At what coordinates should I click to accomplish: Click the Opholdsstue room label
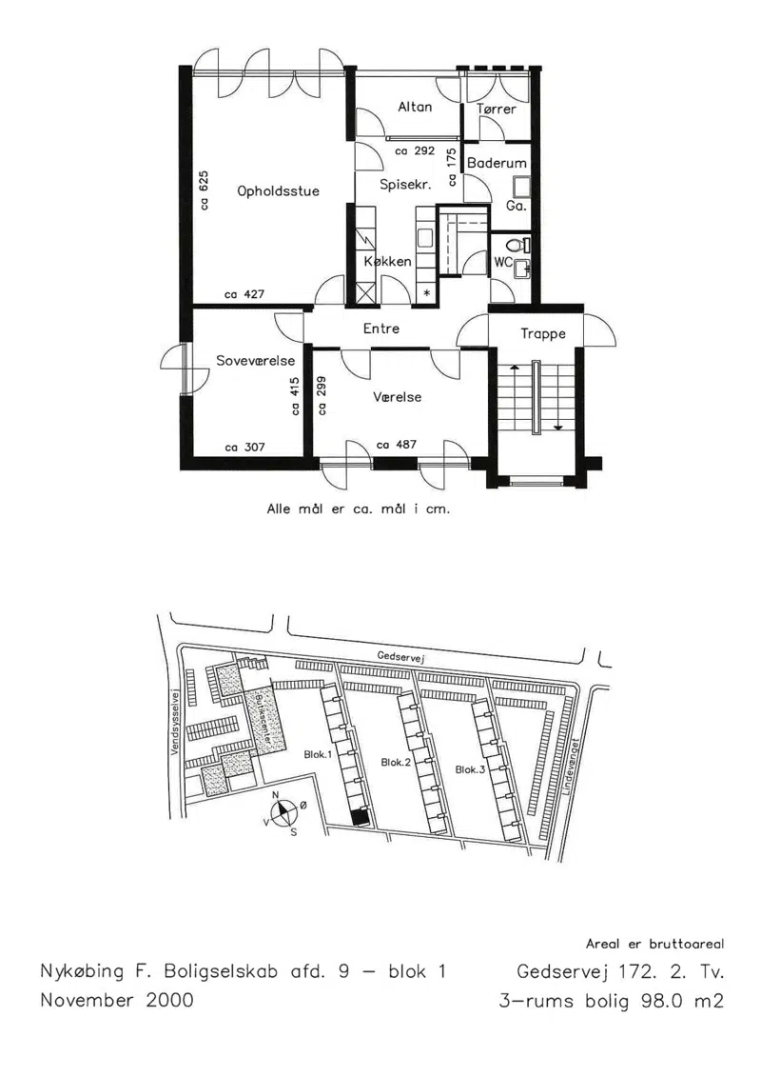[278, 191]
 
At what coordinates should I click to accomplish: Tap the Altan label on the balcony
[415, 107]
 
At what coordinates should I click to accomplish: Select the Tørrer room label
[497, 109]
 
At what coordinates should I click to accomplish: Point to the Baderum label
[497, 163]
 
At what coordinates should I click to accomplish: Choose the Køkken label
[388, 261]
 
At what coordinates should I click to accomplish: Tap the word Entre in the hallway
[380, 329]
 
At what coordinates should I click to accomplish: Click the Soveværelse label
[255, 361]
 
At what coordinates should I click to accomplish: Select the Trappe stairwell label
[543, 334]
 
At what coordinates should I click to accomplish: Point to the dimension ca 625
[204, 190]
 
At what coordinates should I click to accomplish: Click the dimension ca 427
[244, 294]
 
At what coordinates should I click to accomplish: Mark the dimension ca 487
[397, 445]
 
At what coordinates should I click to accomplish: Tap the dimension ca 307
[245, 448]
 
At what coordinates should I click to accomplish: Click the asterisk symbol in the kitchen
[427, 293]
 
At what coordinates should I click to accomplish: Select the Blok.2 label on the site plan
[396, 763]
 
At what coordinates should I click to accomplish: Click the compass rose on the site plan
[283, 813]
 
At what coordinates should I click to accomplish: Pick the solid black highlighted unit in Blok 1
[359, 817]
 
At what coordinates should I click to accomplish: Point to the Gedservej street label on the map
[401, 657]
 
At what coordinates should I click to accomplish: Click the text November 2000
[117, 999]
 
